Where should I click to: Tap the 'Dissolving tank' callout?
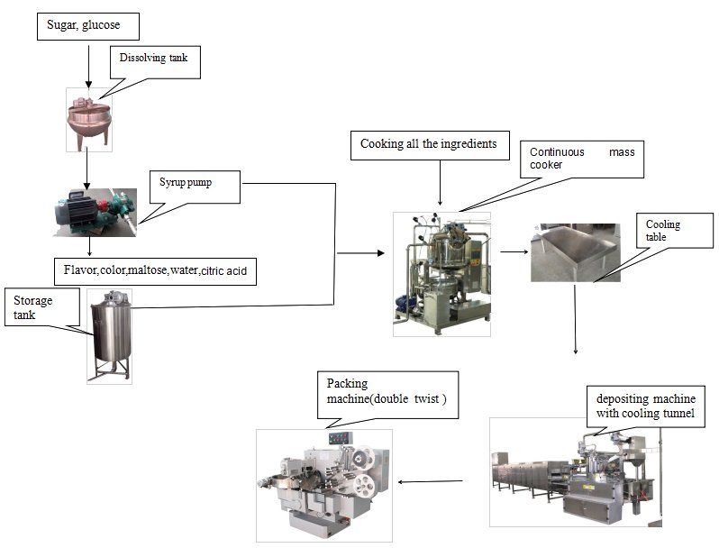(x=154, y=60)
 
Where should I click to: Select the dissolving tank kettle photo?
(x=88, y=119)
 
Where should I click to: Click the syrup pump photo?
(x=94, y=212)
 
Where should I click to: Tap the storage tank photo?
(x=109, y=336)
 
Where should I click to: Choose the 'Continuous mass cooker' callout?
(x=581, y=159)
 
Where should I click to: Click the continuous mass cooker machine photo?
(x=441, y=274)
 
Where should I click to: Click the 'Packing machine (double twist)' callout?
(x=387, y=395)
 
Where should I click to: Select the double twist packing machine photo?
(x=324, y=485)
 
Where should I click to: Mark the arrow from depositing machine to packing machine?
(x=430, y=480)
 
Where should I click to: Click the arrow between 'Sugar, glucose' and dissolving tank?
(x=88, y=63)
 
